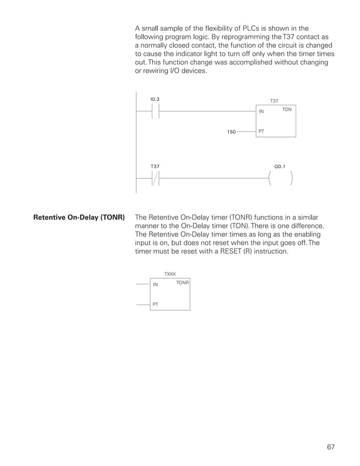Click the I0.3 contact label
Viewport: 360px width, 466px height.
coord(155,99)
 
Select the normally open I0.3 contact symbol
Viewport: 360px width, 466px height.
coord(155,111)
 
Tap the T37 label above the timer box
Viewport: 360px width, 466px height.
coord(274,101)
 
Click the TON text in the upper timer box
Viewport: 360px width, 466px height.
coord(287,109)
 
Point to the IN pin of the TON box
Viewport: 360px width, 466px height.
coord(261,112)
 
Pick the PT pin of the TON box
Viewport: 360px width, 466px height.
coord(261,131)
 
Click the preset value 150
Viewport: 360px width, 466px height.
coord(231,132)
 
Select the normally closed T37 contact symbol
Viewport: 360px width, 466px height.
coord(155,178)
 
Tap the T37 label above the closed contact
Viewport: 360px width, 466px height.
coord(155,166)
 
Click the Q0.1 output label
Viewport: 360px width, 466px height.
coord(280,166)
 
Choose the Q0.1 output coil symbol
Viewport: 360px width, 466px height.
coord(280,178)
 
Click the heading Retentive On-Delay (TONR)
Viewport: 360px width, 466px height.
coord(79,217)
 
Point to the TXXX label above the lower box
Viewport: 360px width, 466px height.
coord(170,274)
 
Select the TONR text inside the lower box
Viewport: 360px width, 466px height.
coord(182,282)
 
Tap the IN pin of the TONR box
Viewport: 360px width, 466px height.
coord(156,284)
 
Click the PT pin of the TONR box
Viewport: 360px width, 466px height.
coord(155,304)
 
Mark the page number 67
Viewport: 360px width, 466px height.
coord(331,447)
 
